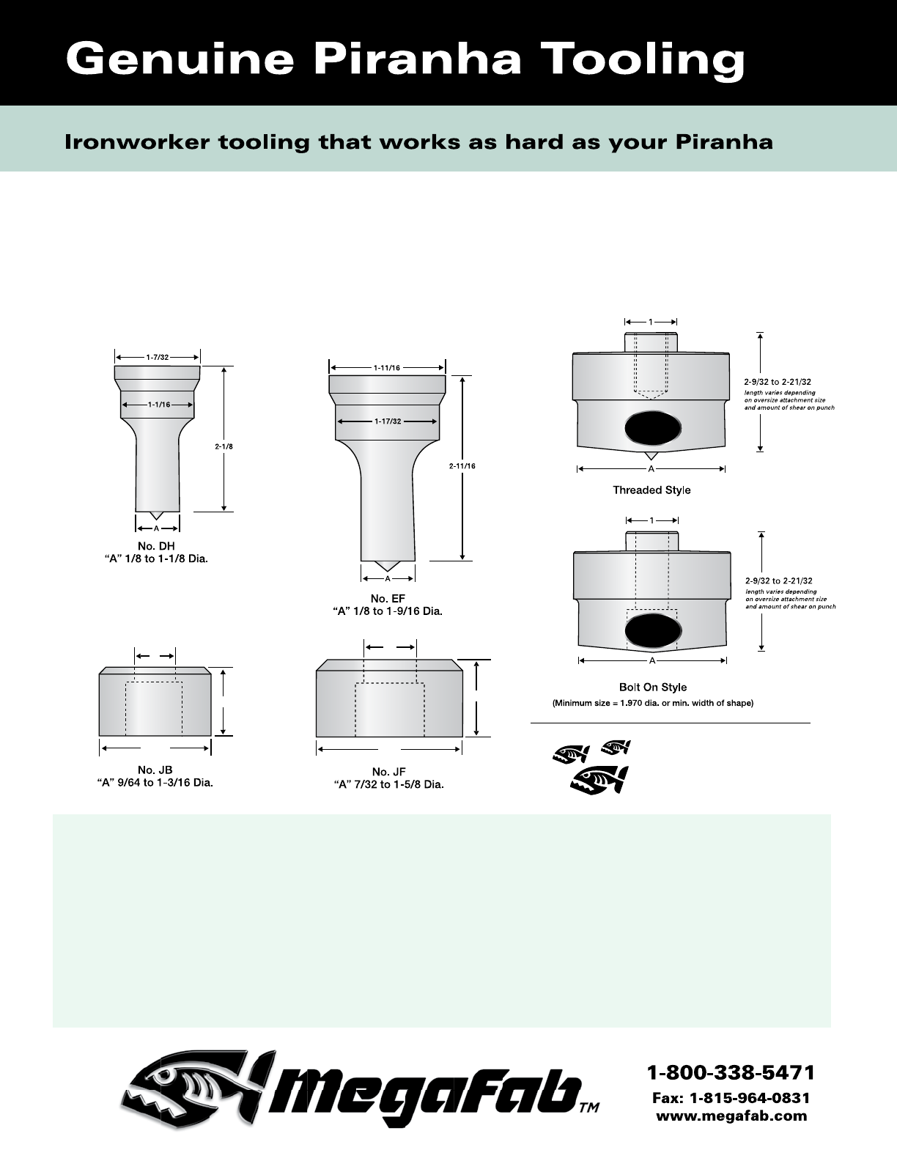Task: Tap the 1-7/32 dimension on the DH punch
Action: [157, 357]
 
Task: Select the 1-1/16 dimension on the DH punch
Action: [158, 404]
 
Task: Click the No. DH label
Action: [156, 546]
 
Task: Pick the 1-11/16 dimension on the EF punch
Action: [387, 368]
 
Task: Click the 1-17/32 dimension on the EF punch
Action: [386, 421]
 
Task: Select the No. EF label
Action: [388, 598]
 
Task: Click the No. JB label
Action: [155, 770]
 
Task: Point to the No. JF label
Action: [388, 771]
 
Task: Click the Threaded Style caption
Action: [651, 490]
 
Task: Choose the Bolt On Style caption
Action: [652, 687]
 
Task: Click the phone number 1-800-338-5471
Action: [731, 1073]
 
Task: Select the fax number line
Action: [731, 1098]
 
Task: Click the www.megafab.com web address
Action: [731, 1116]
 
